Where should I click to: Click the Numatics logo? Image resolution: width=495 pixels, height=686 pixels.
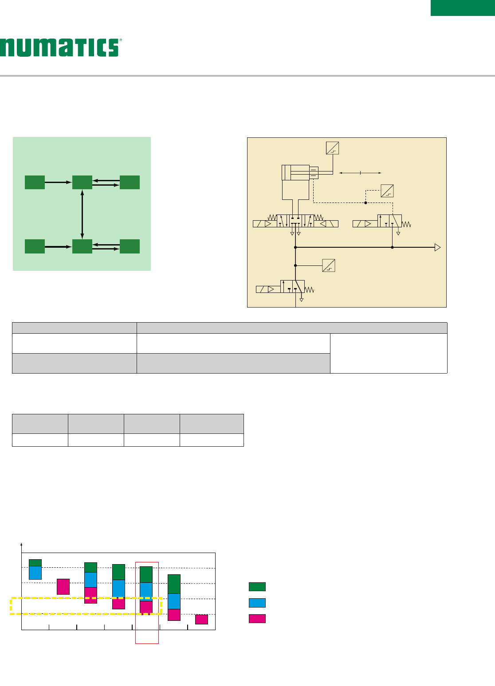[x=61, y=47]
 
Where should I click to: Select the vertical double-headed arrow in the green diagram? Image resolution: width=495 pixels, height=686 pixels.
[x=82, y=214]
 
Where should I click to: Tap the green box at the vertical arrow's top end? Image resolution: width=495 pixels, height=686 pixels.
[x=82, y=182]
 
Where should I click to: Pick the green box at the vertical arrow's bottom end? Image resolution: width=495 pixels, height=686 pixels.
[x=82, y=246]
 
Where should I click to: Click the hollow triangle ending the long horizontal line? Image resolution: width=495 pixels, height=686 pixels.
[x=438, y=247]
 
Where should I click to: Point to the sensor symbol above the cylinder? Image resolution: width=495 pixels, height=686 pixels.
[x=332, y=148]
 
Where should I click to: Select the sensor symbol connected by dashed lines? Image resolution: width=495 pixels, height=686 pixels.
[x=387, y=191]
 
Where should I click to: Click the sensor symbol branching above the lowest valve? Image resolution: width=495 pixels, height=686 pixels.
[x=329, y=265]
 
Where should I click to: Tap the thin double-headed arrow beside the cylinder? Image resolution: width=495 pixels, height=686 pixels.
[x=360, y=173]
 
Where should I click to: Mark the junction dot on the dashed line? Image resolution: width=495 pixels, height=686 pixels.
[x=365, y=203]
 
